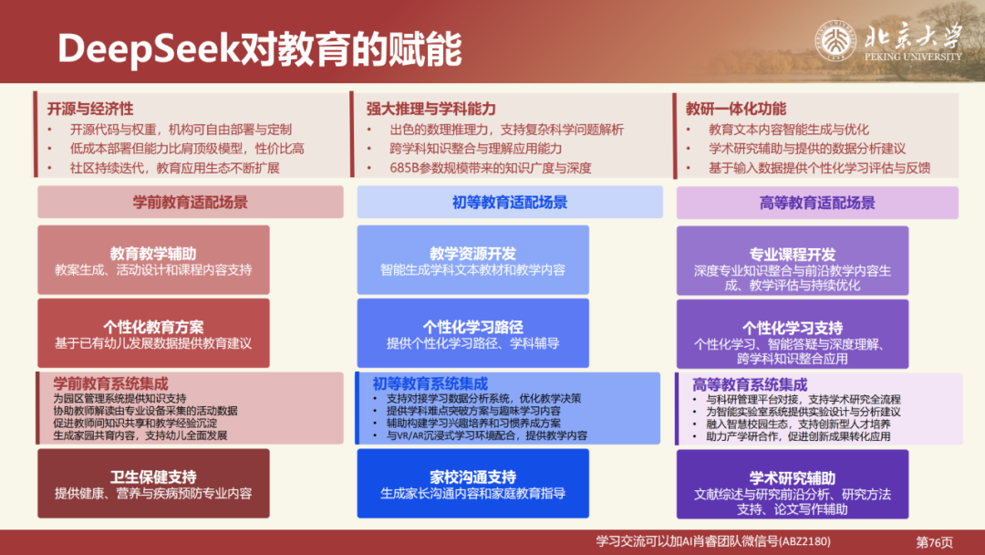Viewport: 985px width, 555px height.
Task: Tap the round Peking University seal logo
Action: click(834, 41)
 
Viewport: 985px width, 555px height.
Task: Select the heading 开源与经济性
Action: click(90, 109)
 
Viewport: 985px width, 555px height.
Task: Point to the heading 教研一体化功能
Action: click(736, 109)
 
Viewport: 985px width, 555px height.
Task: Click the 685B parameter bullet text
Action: click(491, 168)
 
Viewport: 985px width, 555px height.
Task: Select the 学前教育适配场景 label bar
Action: click(190, 202)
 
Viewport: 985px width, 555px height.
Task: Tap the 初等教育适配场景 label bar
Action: click(509, 202)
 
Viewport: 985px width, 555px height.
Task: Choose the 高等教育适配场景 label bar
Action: click(816, 203)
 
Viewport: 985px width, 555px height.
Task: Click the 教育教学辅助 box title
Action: click(153, 253)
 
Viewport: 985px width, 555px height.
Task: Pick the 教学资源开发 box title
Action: click(472, 253)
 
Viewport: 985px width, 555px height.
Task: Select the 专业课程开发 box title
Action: click(792, 254)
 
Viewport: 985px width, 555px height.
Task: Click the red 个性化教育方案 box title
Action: click(153, 326)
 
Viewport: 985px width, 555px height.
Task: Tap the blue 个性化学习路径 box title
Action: click(472, 327)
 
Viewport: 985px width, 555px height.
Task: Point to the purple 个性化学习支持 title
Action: click(792, 327)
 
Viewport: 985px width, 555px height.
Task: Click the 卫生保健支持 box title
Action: click(153, 476)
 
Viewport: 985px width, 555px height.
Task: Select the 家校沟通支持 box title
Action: click(472, 476)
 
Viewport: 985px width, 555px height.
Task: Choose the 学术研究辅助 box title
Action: click(792, 477)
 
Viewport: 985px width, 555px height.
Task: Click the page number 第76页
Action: click(934, 541)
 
